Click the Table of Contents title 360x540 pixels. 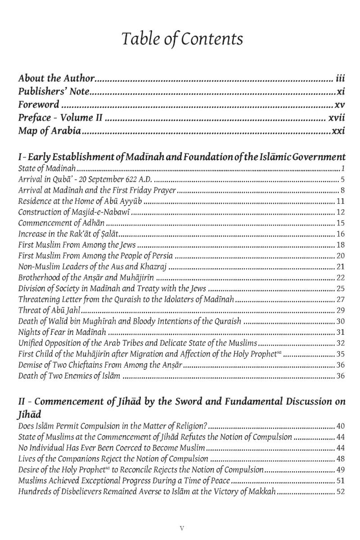[181, 40]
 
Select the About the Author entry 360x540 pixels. [57, 78]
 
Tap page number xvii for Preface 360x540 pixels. [335, 118]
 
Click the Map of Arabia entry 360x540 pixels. [49, 132]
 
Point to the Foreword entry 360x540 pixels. [39, 105]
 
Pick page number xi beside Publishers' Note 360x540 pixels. [340, 92]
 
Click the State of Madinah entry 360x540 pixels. [47, 169]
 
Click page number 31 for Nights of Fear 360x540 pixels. [340, 332]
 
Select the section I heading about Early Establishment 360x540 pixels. [181, 157]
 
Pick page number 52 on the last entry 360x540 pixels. [340, 491]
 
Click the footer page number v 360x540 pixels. [181, 528]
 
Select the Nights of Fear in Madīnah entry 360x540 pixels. [62, 332]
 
